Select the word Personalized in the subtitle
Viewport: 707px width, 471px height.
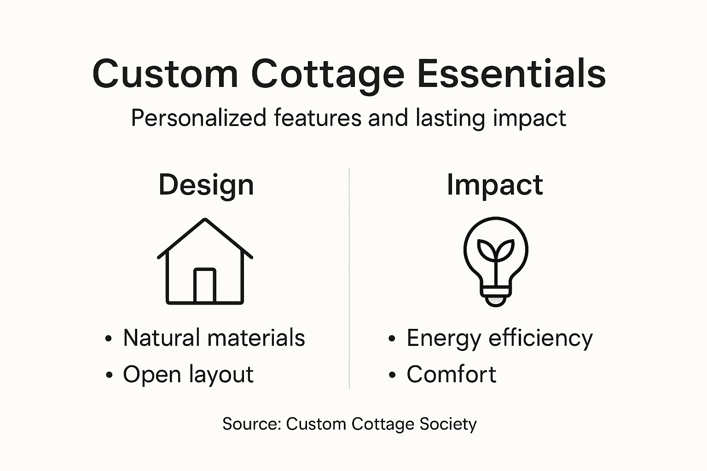pyautogui.click(x=198, y=118)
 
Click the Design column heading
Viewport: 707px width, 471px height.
pyautogui.click(x=206, y=185)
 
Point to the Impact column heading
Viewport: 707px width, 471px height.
pyautogui.click(x=495, y=185)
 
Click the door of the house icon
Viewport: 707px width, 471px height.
pyautogui.click(x=205, y=285)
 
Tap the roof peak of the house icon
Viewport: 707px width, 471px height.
pyautogui.click(x=205, y=220)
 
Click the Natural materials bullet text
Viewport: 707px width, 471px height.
pyautogui.click(x=214, y=338)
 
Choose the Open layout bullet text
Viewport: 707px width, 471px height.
pyautogui.click(x=188, y=374)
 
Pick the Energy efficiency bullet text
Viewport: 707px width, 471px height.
pyautogui.click(x=499, y=339)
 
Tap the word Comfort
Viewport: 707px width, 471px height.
pyautogui.click(x=451, y=374)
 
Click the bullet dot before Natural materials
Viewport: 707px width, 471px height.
pyautogui.click(x=109, y=339)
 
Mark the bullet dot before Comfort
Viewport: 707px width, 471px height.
pyautogui.click(x=392, y=375)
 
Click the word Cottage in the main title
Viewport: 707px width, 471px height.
pyautogui.click(x=328, y=74)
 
